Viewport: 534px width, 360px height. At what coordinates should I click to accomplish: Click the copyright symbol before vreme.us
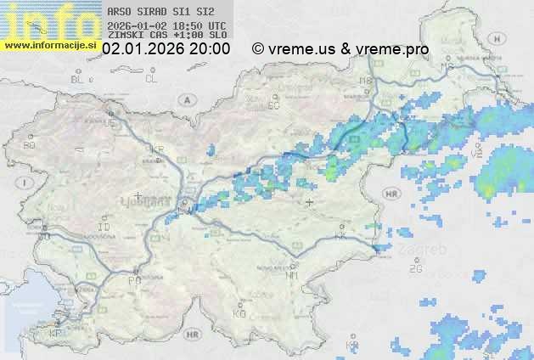(258, 49)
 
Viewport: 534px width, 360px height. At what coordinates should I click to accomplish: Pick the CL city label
(152, 79)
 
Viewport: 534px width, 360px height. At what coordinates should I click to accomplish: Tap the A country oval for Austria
(185, 99)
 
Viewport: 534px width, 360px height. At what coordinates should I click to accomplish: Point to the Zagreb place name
(426, 250)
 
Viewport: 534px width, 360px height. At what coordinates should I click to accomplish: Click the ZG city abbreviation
(415, 268)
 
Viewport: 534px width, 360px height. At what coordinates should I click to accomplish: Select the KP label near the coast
(56, 334)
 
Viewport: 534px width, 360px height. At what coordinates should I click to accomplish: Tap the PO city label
(133, 280)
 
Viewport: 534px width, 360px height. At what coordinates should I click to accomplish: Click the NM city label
(292, 276)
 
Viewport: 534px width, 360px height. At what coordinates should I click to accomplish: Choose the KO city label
(239, 313)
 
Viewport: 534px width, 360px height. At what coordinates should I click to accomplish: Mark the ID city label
(104, 228)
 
